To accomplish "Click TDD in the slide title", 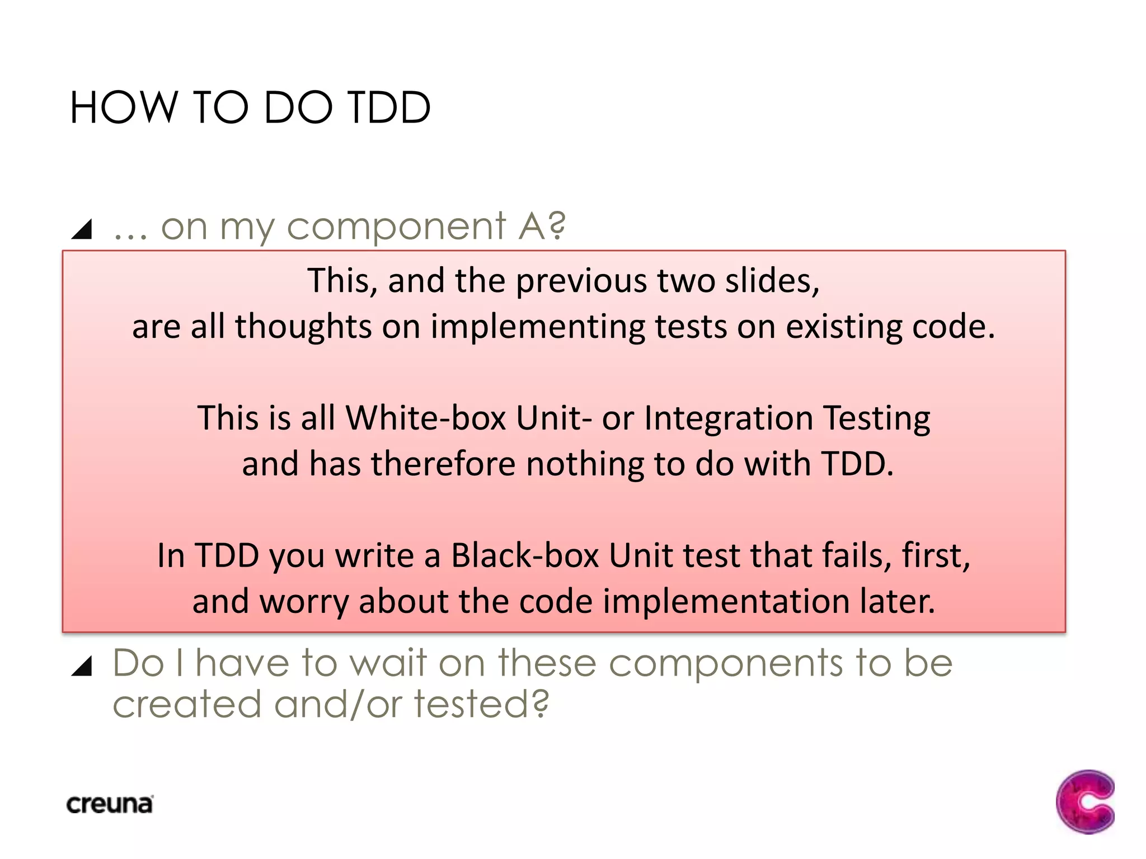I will point(389,107).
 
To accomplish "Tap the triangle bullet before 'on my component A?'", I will point(82,229).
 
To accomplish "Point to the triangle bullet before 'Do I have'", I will point(82,666).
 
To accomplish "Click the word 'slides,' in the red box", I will point(772,280).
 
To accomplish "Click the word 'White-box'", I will point(426,418).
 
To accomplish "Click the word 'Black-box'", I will point(525,556).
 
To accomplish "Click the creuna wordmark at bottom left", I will point(110,805).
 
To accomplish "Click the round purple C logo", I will point(1085,801).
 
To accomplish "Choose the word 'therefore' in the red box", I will point(443,464).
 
